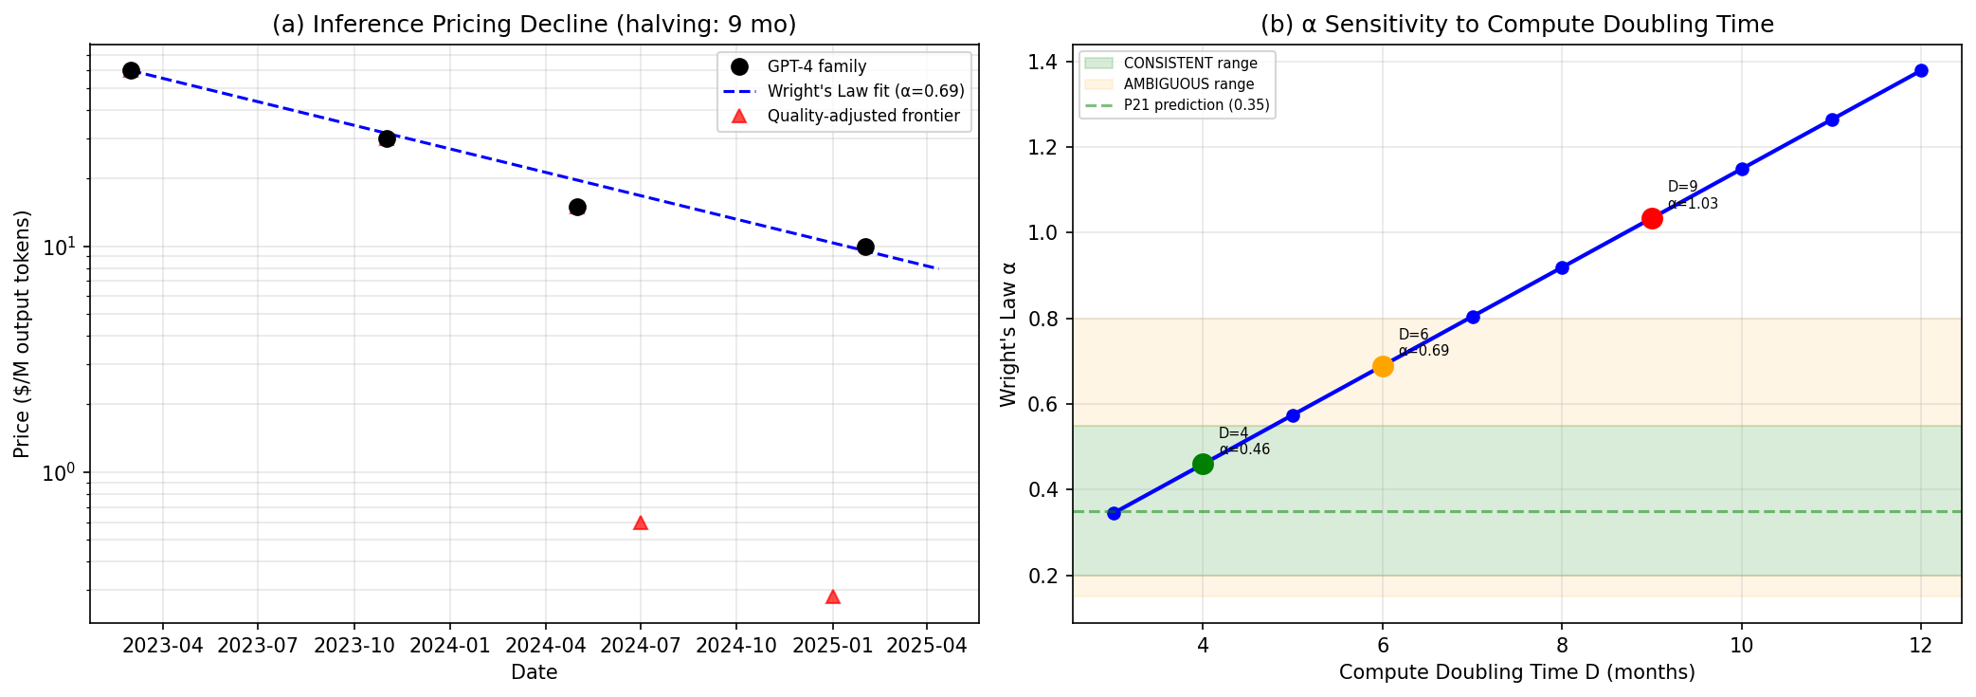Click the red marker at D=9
[x=1652, y=218]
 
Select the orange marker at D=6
[x=1383, y=366]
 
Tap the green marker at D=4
[x=1203, y=464]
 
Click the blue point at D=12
[x=1921, y=70]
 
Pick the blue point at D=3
[x=1114, y=513]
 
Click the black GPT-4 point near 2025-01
[x=865, y=247]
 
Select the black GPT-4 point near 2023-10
[x=387, y=138]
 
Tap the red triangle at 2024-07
[x=640, y=523]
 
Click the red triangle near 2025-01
[x=832, y=596]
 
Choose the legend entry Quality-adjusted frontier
[x=862, y=116]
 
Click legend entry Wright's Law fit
[x=865, y=91]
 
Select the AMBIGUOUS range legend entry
[x=1188, y=84]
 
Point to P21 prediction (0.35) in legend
[x=1196, y=105]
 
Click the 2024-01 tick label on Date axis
[x=450, y=646]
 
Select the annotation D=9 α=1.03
[x=1692, y=195]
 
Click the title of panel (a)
[x=534, y=25]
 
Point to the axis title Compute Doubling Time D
[x=1516, y=672]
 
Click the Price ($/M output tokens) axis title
[x=22, y=334]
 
